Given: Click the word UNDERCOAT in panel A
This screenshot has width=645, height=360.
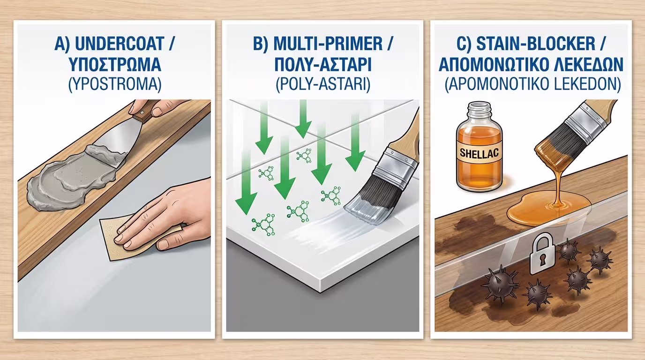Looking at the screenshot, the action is click(x=119, y=44).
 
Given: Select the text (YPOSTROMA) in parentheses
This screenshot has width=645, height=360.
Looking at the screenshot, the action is click(x=115, y=85).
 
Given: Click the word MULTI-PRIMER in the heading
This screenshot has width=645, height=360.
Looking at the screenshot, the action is click(x=328, y=44).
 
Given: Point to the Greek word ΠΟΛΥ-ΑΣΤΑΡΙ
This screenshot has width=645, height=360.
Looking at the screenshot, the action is click(x=323, y=64).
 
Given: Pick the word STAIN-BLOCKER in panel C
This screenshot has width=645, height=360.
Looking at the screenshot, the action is click(x=536, y=44).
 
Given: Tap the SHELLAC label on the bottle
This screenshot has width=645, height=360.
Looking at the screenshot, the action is click(x=479, y=153).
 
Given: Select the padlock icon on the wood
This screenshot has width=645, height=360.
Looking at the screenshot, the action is click(x=543, y=254).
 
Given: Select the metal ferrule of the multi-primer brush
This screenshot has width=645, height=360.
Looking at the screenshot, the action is click(x=396, y=170).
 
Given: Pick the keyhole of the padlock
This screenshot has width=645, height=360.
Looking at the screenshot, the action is click(x=543, y=260).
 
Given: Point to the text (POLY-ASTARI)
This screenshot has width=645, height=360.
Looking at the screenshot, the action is click(x=323, y=85).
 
